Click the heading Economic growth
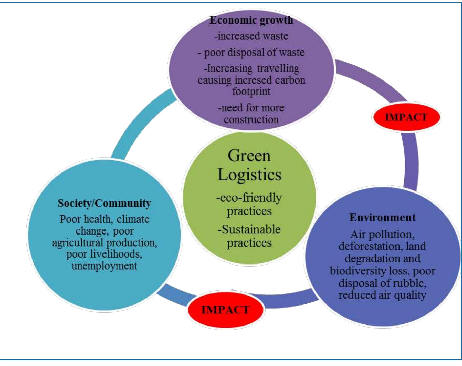[251, 21]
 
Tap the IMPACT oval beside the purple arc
[406, 117]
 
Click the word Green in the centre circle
[249, 156]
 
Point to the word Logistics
[249, 175]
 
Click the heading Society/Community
[104, 203]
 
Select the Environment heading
[382, 218]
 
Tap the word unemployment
[104, 266]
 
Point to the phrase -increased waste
[251, 36]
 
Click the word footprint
[251, 91]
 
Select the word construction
[251, 119]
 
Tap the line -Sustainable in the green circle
[249, 230]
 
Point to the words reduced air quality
[382, 295]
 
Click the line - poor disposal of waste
[251, 53]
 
